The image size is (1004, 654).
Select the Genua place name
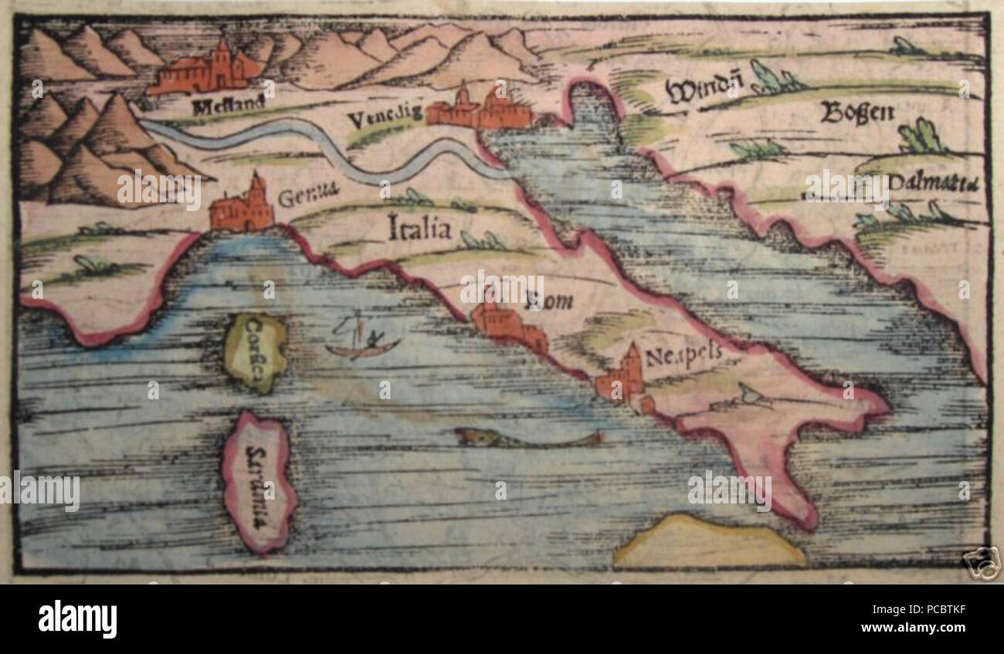point(308,198)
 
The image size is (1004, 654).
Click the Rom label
point(549,301)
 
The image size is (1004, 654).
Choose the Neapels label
point(682,354)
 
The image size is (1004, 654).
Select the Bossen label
point(856,114)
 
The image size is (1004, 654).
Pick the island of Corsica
point(256,352)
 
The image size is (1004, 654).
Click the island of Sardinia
point(259,482)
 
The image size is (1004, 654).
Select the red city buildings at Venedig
point(480,109)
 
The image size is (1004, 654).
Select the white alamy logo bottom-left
point(77,618)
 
